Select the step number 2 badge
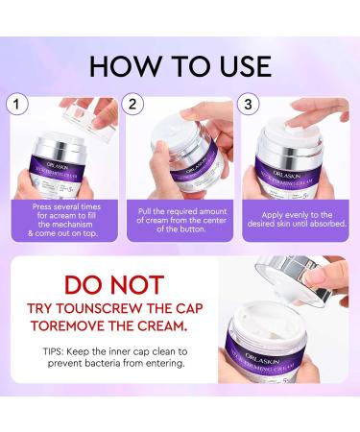[133, 102]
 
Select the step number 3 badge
[250, 102]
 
